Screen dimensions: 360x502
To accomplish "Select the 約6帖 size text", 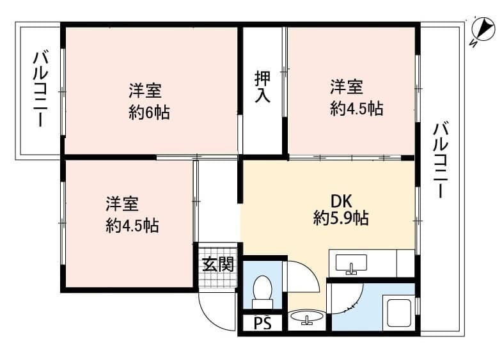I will (x=149, y=113).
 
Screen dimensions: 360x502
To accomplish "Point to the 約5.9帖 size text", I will (x=340, y=219).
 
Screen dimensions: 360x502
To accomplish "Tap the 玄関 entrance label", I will (x=218, y=263).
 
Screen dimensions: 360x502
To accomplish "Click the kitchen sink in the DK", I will (x=351, y=263).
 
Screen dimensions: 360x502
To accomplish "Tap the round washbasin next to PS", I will (x=307, y=317).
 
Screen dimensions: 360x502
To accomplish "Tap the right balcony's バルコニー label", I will (x=441, y=160).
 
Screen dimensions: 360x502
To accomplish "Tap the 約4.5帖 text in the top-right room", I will (x=356, y=108).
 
